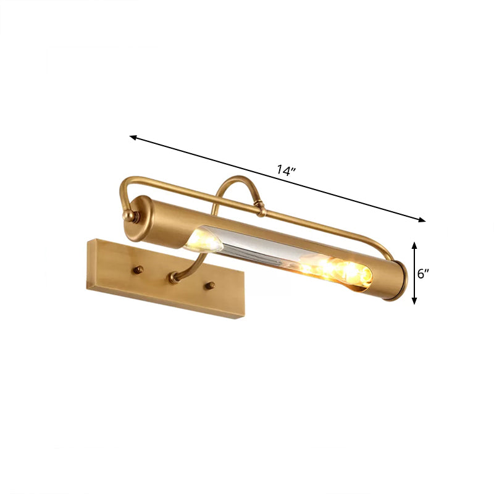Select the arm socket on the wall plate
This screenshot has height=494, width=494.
tap(174, 279)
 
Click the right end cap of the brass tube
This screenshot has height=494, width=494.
tap(396, 282)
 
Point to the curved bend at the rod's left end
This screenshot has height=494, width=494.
tap(124, 185)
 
